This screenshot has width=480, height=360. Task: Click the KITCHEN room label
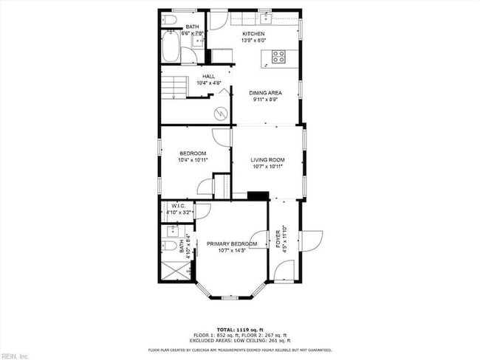[253, 34]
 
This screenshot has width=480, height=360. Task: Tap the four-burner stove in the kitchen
[279, 55]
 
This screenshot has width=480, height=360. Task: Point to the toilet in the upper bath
[168, 18]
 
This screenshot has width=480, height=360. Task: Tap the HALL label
[209, 76]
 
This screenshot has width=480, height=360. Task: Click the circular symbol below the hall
[219, 113]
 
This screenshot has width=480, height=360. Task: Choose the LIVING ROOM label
[267, 159]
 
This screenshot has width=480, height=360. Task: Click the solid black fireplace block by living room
[258, 195]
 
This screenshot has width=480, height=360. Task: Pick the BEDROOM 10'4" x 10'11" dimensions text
[193, 160]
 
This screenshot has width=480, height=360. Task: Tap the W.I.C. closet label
[177, 206]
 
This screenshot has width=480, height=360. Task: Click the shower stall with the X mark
[174, 271]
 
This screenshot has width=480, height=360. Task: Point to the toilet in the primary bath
[169, 246]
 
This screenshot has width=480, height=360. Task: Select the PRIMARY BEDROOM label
[231, 244]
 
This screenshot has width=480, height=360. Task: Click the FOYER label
[278, 242]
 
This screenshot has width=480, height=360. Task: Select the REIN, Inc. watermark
[14, 356]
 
